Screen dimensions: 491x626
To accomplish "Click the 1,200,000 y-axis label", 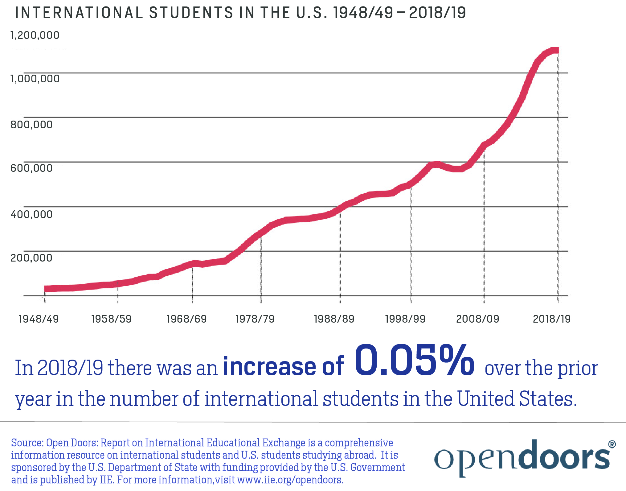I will [x=35, y=35].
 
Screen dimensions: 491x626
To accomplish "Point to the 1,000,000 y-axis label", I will [x=35, y=79].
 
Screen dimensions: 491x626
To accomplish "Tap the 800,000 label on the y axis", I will [x=31, y=125].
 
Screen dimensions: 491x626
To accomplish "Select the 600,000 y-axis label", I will [x=31, y=168].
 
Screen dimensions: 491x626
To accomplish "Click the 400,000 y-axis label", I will [x=31, y=214].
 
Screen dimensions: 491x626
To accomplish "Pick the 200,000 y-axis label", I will [x=31, y=258].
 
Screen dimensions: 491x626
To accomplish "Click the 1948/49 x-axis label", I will [x=39, y=319].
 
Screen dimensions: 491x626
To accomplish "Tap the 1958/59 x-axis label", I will [x=112, y=319].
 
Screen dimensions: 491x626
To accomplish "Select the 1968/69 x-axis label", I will [x=186, y=319].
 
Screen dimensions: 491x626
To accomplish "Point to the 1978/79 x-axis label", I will [x=255, y=319].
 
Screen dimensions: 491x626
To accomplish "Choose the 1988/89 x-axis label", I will [x=334, y=319].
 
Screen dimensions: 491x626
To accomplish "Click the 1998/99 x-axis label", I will [x=405, y=319].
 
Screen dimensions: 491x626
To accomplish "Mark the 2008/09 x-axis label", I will [x=478, y=319].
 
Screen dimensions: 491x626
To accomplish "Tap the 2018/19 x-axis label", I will [x=552, y=319].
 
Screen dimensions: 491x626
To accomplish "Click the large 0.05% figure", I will [x=414, y=361].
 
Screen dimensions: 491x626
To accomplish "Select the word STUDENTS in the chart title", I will [x=191, y=13].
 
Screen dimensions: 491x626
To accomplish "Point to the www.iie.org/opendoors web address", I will [x=290, y=480].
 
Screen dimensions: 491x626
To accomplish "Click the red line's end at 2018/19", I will [x=557, y=50].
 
